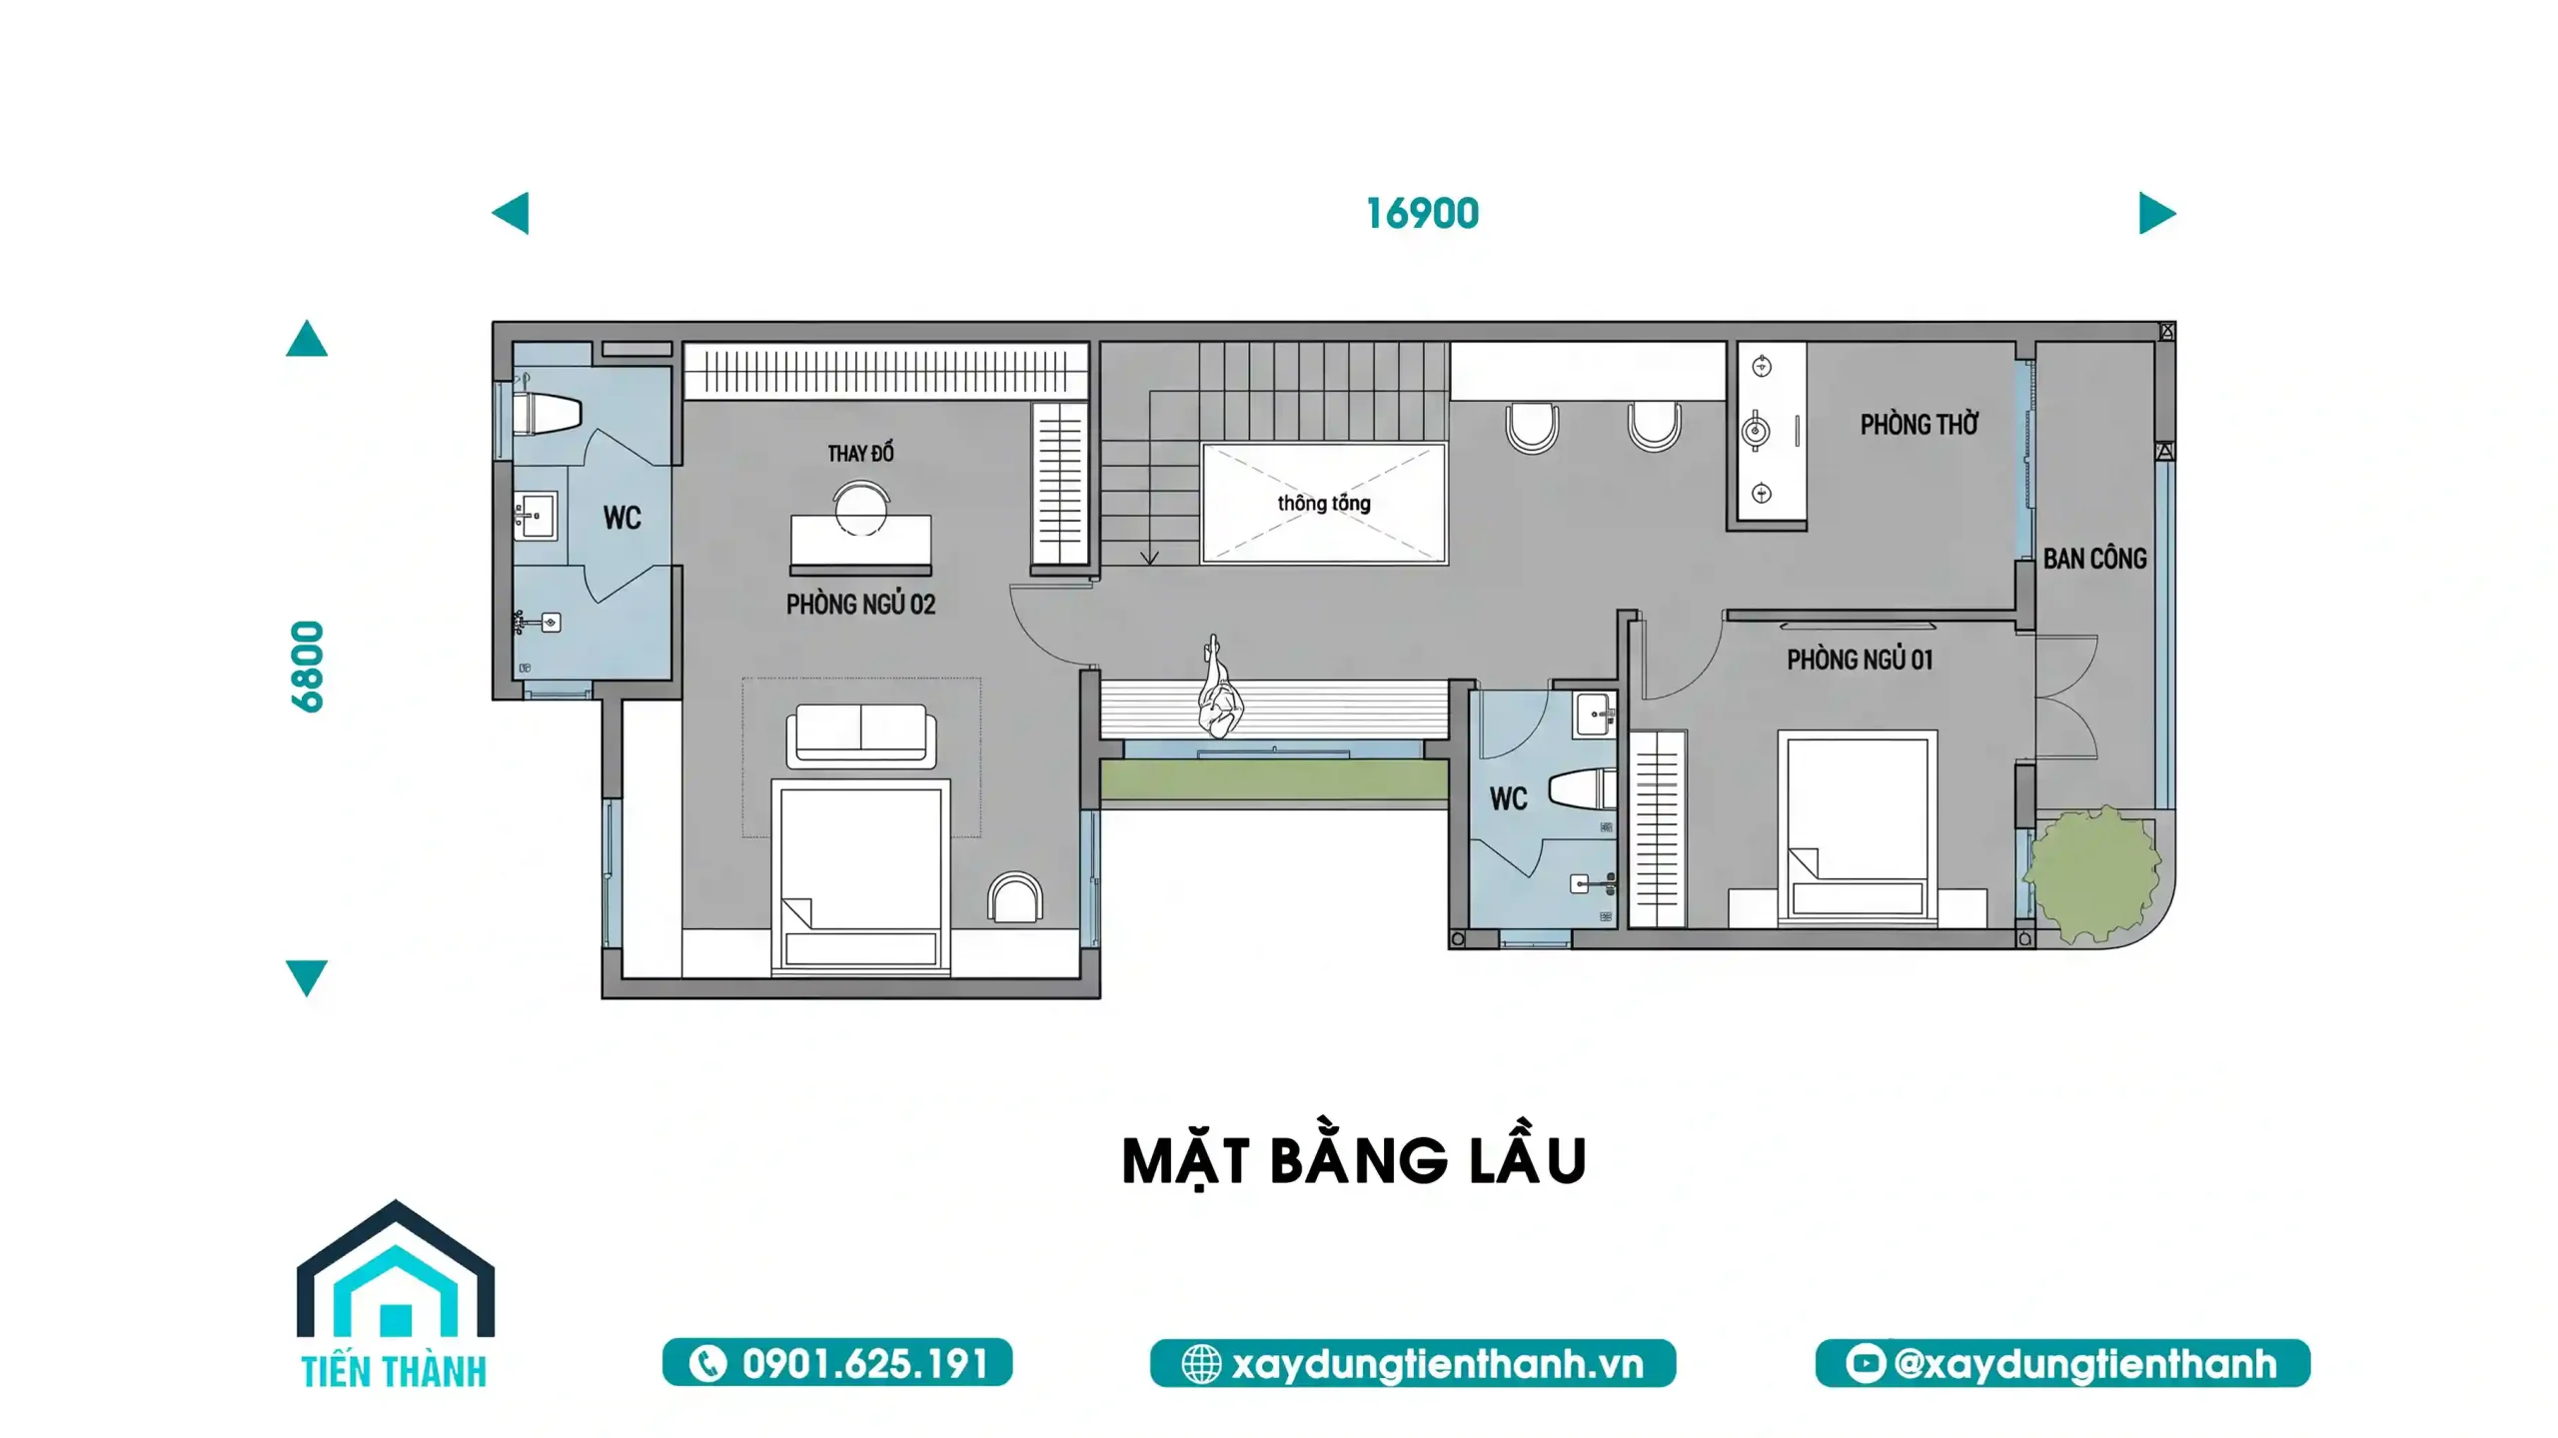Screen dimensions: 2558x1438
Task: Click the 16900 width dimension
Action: pyautogui.click(x=1421, y=214)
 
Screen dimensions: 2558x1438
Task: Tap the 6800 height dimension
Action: pyautogui.click(x=308, y=667)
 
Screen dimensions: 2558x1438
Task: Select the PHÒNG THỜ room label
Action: pyautogui.click(x=1918, y=425)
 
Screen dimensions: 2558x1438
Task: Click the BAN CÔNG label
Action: pyautogui.click(x=2094, y=559)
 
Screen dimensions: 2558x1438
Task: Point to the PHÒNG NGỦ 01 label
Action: pyautogui.click(x=1860, y=660)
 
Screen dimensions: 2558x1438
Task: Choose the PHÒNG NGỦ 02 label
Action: pyautogui.click(x=860, y=605)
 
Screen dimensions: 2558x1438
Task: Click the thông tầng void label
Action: pyautogui.click(x=1324, y=503)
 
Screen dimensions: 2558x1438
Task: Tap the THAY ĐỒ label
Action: pyautogui.click(x=860, y=454)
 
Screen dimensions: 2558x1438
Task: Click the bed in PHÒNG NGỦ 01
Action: pyautogui.click(x=1857, y=828)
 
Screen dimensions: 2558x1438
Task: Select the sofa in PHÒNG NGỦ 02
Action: pyautogui.click(x=860, y=734)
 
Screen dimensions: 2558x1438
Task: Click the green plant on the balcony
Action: pyautogui.click(x=2090, y=873)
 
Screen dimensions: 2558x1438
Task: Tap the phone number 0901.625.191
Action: pyautogui.click(x=864, y=1364)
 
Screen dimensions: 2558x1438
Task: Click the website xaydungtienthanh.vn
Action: pyautogui.click(x=1437, y=1364)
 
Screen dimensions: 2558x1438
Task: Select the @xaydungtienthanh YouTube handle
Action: pyautogui.click(x=2084, y=1364)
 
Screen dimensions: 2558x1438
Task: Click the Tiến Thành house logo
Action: pyautogui.click(x=395, y=1294)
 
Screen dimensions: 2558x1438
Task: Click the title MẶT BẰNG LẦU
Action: pyautogui.click(x=1354, y=1160)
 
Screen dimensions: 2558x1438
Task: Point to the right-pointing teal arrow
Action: pyautogui.click(x=2156, y=213)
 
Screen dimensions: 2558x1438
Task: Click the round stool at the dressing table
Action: pyautogui.click(x=861, y=508)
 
